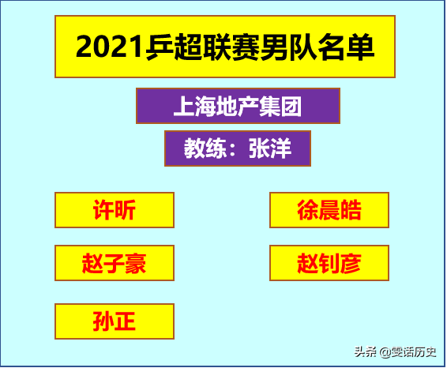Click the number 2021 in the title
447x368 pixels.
coord(110,48)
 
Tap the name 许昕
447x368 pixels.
coord(115,210)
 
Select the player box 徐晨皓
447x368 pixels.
coord(329,210)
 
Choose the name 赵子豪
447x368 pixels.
coord(115,263)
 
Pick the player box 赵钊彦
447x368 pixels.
coord(329,263)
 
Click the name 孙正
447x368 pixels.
coord(115,321)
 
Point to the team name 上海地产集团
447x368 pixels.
coord(237,105)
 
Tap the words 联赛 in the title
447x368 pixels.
coord(223,48)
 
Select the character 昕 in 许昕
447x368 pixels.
coord(125,210)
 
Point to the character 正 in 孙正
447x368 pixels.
coord(125,321)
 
